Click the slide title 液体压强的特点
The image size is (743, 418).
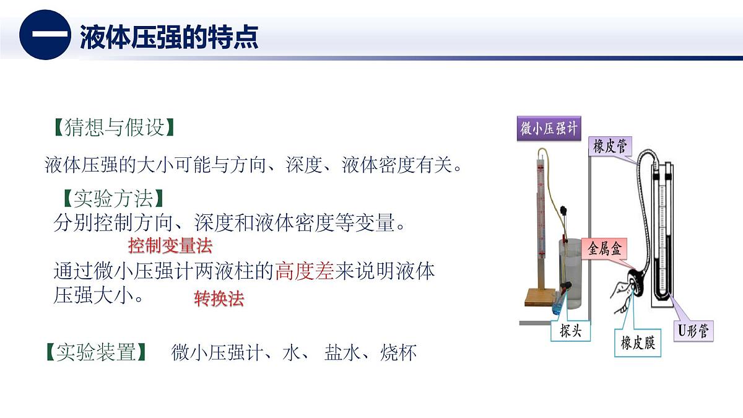pyautogui.click(x=168, y=37)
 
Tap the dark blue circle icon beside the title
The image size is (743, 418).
pyautogui.click(x=45, y=35)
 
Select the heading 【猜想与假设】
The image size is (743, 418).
pyautogui.click(x=110, y=128)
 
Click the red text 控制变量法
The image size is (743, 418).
pyautogui.click(x=170, y=246)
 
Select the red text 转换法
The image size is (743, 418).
pyautogui.click(x=219, y=299)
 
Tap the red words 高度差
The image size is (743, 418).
pyautogui.click(x=305, y=272)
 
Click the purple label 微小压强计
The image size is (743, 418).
pyautogui.click(x=549, y=129)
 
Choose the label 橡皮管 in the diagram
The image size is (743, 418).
pyautogui.click(x=610, y=147)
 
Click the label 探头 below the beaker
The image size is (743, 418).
pyautogui.click(x=570, y=331)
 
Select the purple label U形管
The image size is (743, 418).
pyautogui.click(x=693, y=331)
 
